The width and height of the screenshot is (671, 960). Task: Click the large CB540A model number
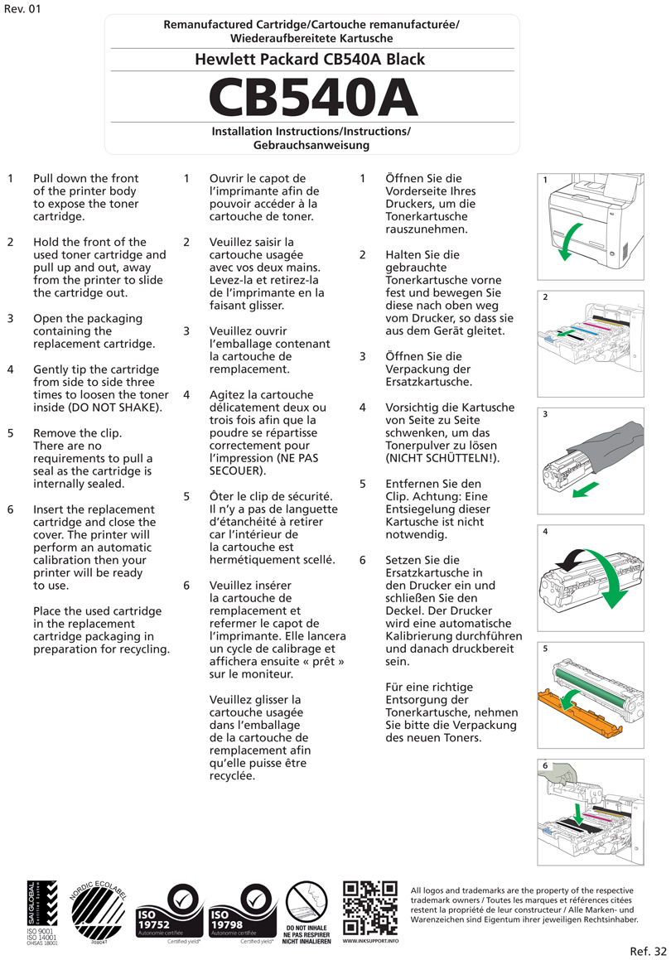pyautogui.click(x=312, y=98)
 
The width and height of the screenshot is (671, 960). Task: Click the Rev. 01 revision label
pyautogui.click(x=22, y=9)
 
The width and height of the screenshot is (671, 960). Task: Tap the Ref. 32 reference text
pyautogui.click(x=647, y=950)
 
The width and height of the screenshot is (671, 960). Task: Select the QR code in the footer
pyautogui.click(x=370, y=909)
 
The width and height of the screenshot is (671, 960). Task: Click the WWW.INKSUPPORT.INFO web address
pyautogui.click(x=370, y=942)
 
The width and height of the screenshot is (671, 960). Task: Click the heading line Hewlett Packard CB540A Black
pyautogui.click(x=310, y=60)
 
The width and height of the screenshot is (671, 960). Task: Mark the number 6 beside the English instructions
pyautogui.click(x=11, y=509)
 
